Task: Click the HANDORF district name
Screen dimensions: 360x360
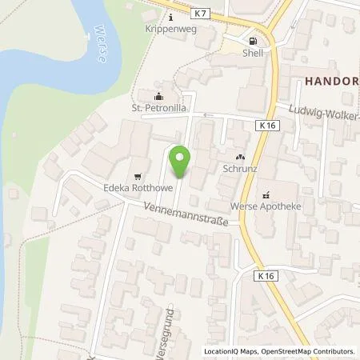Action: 328,81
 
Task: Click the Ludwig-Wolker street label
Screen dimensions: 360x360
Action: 323,111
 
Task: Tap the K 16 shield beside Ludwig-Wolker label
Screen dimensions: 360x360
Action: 267,126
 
